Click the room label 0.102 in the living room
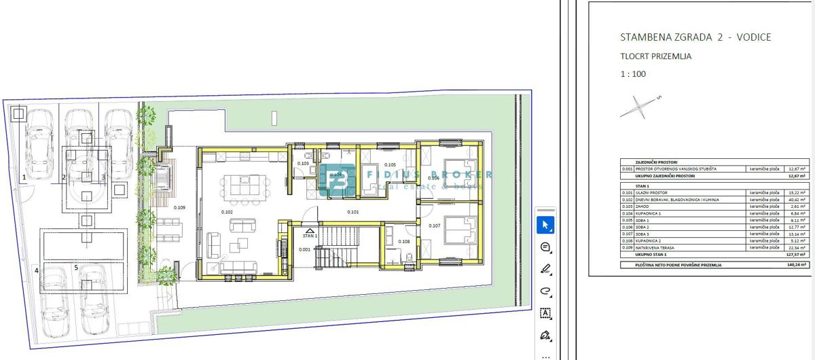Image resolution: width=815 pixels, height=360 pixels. (227, 212)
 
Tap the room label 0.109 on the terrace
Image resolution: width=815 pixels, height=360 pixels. (179, 207)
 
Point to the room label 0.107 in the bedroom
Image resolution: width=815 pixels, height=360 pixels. (435, 226)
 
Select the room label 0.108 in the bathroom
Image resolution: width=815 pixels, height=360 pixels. (403, 241)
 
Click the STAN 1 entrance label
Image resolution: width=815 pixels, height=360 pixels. (310, 236)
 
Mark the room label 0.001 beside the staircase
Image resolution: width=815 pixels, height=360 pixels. (304, 249)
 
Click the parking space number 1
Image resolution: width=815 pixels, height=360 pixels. (24, 177)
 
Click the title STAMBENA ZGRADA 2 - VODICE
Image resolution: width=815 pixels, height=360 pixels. (695, 37)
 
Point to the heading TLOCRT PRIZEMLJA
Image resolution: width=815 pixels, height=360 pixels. (656, 56)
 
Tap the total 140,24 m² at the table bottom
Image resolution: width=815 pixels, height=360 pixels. (795, 265)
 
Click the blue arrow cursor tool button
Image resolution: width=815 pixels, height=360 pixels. (544, 225)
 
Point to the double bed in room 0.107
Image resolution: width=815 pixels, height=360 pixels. (462, 233)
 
